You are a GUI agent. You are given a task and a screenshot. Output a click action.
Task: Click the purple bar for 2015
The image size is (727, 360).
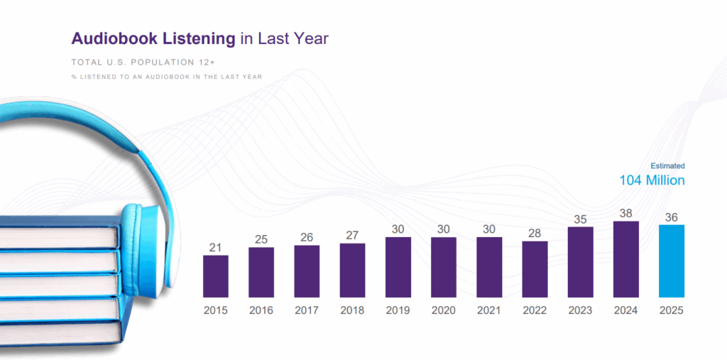[x=216, y=276]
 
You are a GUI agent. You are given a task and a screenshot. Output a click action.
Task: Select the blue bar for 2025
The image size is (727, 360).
[x=672, y=261]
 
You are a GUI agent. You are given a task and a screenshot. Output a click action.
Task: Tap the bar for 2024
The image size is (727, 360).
[x=626, y=259]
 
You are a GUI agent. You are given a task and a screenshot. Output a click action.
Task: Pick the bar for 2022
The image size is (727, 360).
[x=535, y=269]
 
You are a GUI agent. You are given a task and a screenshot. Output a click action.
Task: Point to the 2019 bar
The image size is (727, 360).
[x=398, y=267]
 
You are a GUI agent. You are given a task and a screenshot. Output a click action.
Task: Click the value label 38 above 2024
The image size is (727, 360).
[x=626, y=213]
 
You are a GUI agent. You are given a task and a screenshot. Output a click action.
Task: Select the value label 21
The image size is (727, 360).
[x=216, y=247]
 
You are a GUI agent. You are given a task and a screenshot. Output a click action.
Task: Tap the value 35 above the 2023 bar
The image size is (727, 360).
[x=580, y=219]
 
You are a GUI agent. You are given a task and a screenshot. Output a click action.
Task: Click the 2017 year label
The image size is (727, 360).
[x=307, y=310]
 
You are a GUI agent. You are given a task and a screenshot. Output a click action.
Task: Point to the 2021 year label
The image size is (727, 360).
[x=489, y=310]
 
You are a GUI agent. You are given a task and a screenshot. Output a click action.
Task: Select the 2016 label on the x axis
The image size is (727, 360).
[x=261, y=310]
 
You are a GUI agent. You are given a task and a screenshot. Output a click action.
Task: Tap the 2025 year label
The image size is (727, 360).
[x=672, y=310]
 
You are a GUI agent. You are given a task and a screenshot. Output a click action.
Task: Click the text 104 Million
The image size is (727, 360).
[x=652, y=180]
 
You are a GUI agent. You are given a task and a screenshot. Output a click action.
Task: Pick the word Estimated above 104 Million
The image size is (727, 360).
[x=667, y=165]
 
